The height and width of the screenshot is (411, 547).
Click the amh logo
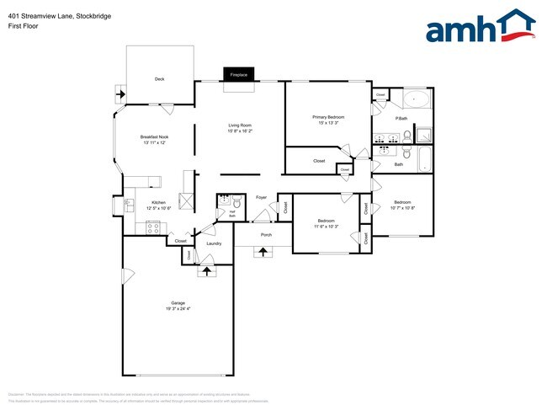tap(481, 26)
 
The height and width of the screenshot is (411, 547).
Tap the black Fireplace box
tap(239, 75)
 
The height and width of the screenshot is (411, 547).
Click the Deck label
tap(159, 79)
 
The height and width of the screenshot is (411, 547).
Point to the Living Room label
tap(240, 125)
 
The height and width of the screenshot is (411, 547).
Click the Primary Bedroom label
tap(329, 117)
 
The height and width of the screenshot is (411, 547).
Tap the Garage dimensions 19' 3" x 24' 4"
tap(178, 309)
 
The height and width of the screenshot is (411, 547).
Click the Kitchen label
tap(158, 202)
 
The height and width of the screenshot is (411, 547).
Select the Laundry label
tap(213, 243)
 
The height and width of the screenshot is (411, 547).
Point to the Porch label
tap(266, 235)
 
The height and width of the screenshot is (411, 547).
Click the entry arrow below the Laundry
tap(204, 271)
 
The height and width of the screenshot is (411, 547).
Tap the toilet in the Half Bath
tap(237, 203)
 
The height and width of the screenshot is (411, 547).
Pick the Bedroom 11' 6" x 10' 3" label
tap(326, 223)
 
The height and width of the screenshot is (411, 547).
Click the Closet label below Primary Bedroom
tap(319, 160)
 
